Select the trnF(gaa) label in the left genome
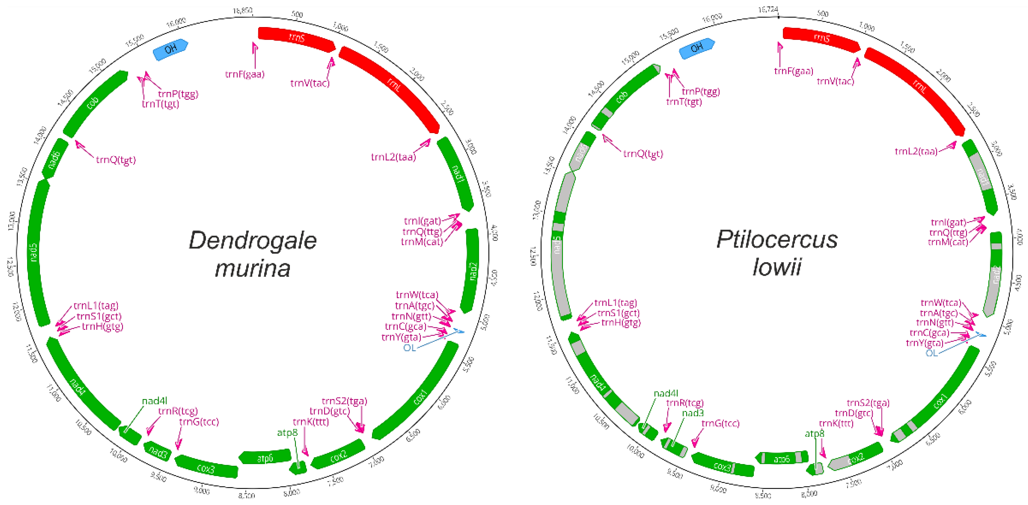click(245, 74)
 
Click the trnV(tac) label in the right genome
click(835, 81)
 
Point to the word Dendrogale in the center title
click(253, 241)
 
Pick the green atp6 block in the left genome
click(265, 457)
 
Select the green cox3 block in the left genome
click(206, 467)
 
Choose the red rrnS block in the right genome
click(821, 38)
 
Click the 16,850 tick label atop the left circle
click(243, 11)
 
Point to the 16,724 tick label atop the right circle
click(768, 9)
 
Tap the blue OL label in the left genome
click(409, 348)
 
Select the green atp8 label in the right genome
click(814, 434)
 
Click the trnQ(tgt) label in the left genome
click(116, 160)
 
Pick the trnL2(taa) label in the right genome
click(916, 152)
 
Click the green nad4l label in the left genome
click(154, 401)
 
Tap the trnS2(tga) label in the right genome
click(868, 403)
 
